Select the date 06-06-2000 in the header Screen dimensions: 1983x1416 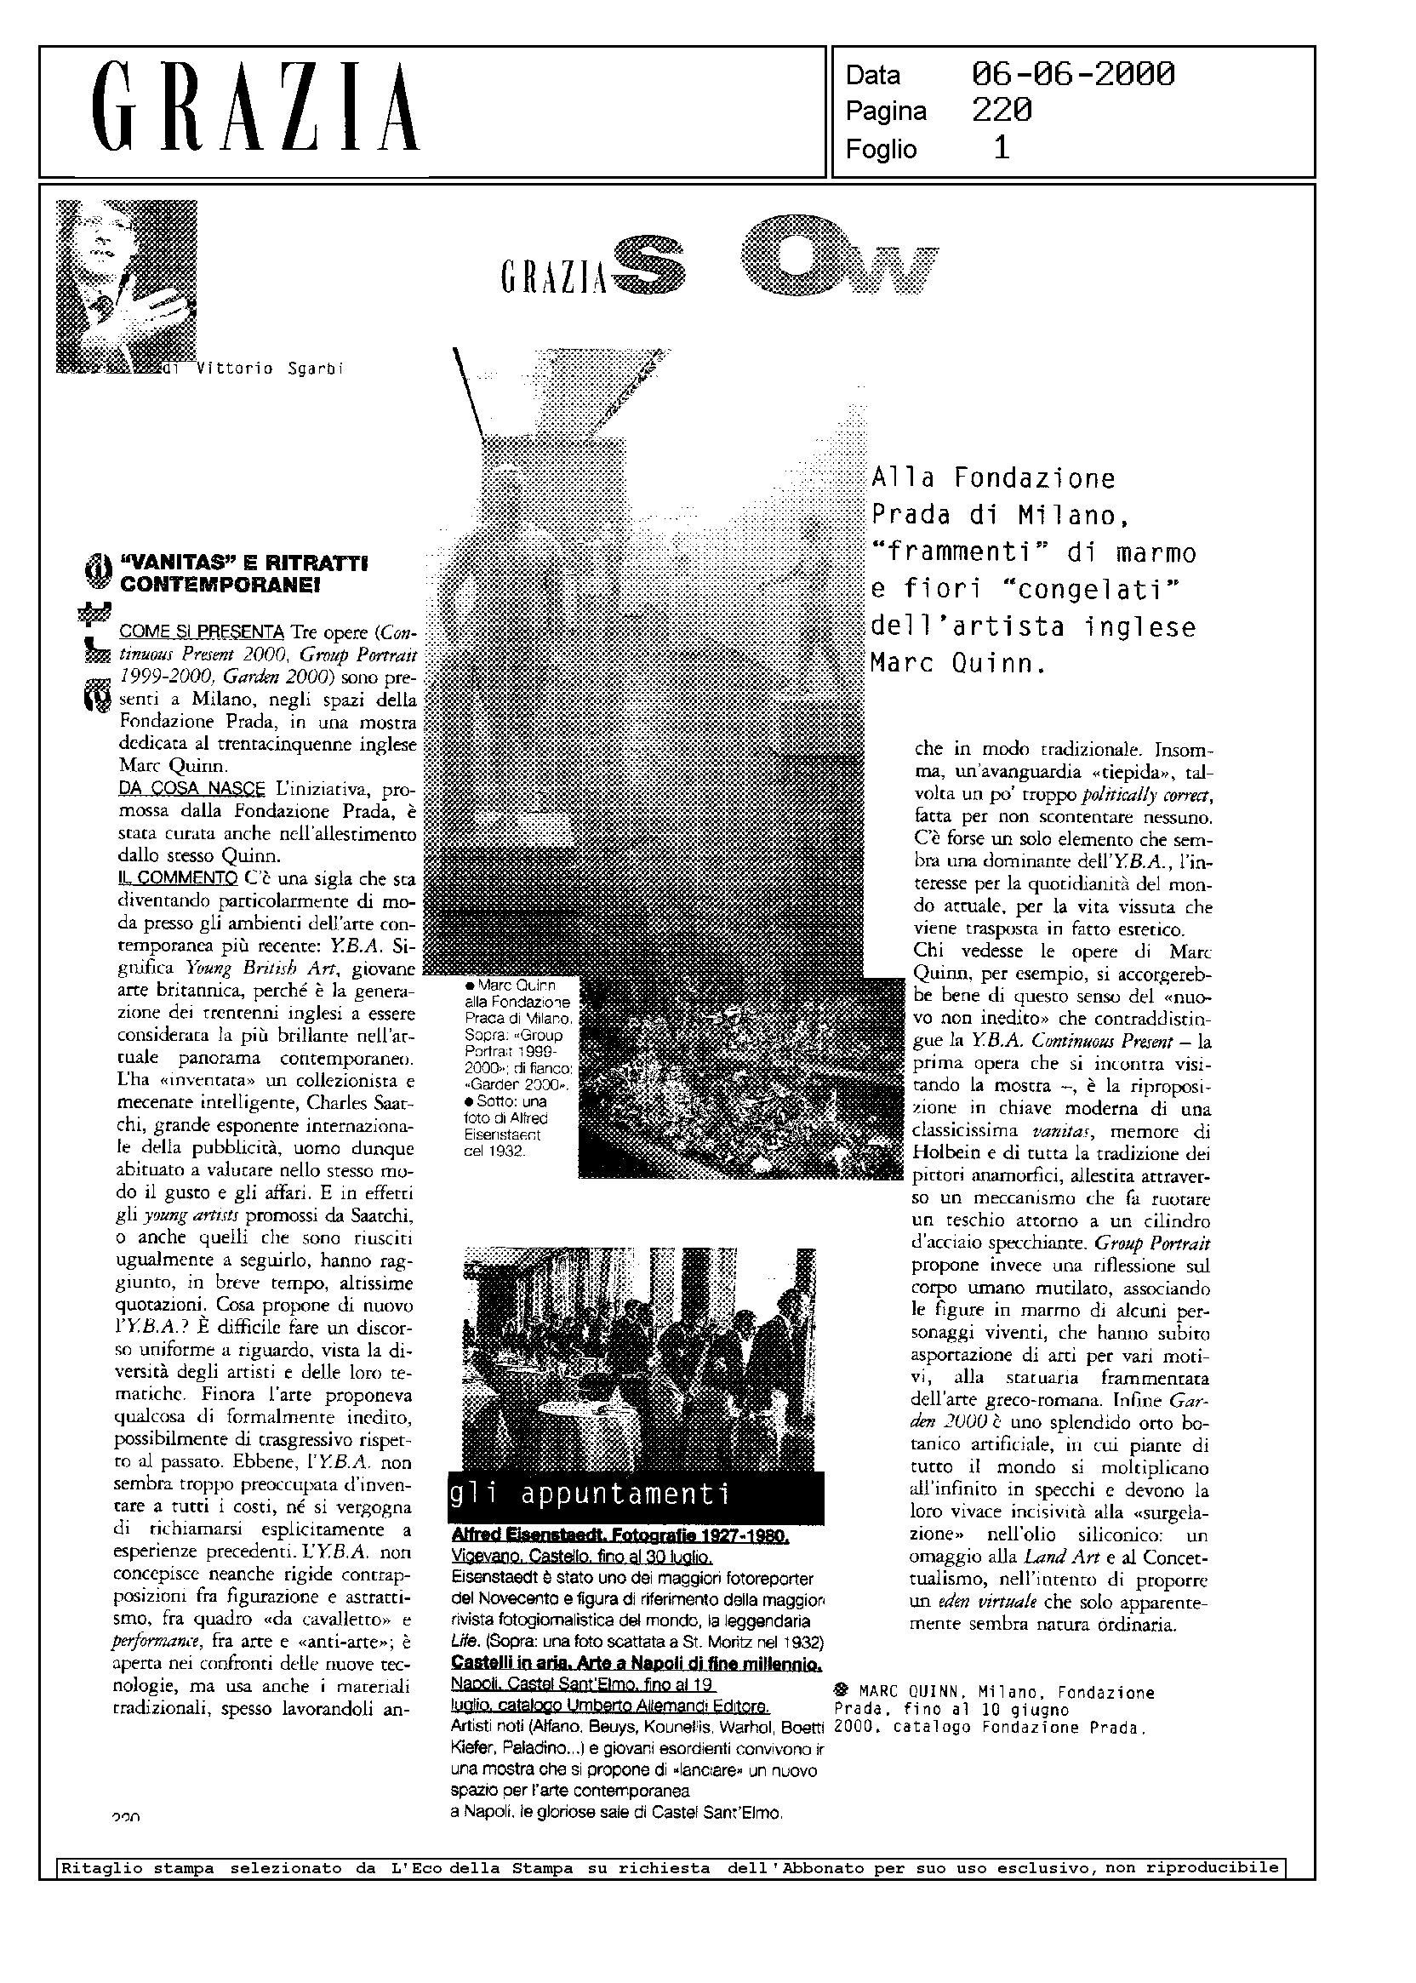[1072, 75]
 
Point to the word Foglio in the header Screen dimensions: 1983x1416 [881, 149]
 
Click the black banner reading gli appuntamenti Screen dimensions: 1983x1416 [637, 1494]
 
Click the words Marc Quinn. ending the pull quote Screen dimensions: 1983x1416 [957, 665]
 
